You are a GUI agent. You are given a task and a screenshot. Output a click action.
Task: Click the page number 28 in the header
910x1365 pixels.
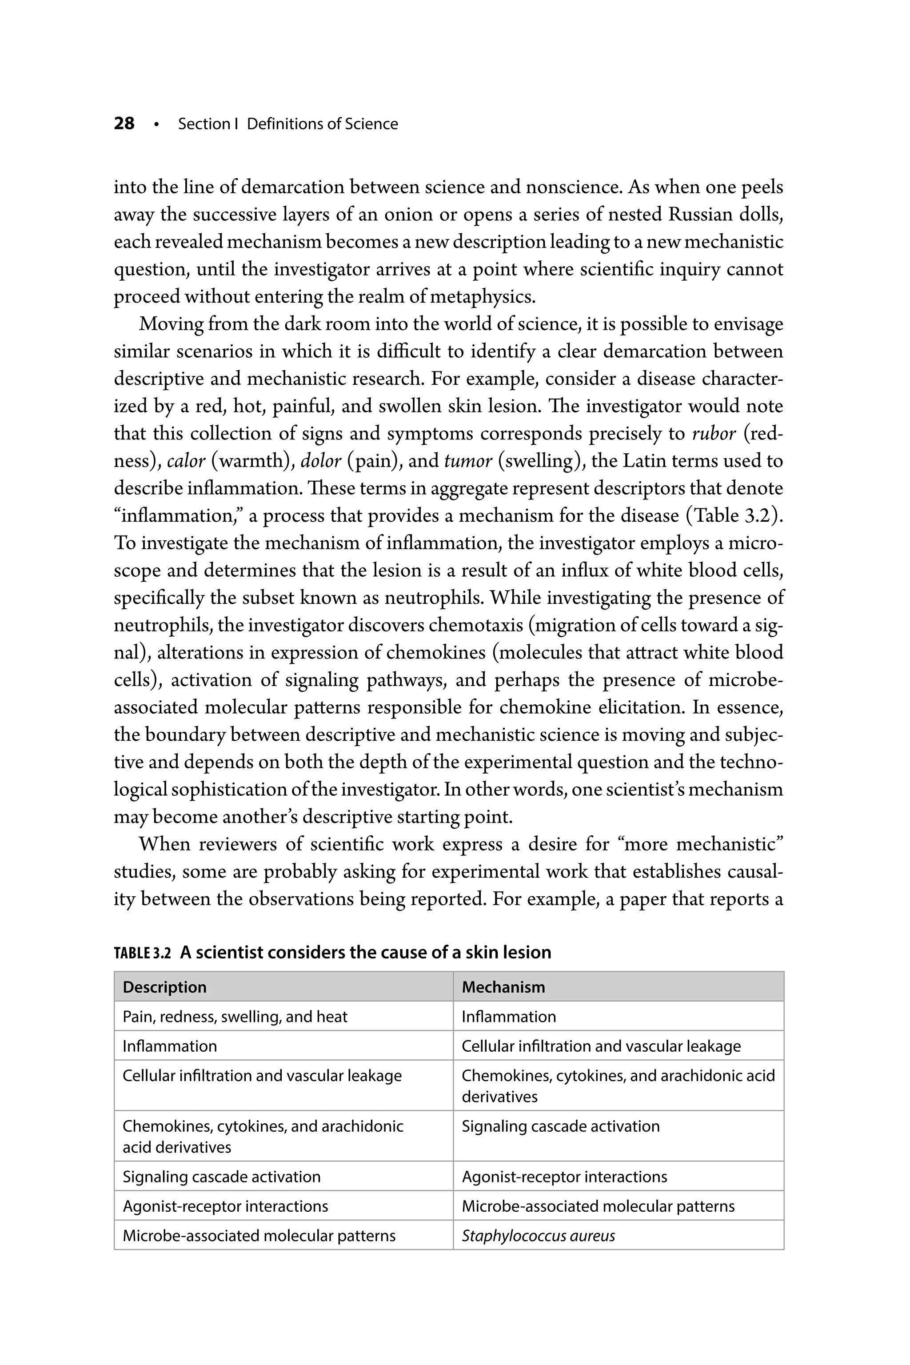click(124, 124)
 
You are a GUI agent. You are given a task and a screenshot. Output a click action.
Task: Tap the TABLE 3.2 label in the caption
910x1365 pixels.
click(142, 953)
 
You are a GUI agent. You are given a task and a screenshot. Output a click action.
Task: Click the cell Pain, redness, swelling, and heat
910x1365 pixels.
click(235, 1017)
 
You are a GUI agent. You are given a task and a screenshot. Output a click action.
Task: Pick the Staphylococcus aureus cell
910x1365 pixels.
click(538, 1236)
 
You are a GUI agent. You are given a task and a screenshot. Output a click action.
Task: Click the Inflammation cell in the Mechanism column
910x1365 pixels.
click(509, 1017)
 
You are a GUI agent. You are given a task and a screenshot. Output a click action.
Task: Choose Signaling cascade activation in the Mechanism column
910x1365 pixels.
click(561, 1126)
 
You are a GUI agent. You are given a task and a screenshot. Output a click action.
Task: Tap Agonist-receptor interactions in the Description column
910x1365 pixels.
click(225, 1206)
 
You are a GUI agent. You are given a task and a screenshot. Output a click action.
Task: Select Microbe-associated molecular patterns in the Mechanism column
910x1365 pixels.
click(598, 1206)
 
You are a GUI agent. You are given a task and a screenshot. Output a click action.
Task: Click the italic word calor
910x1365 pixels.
click(186, 461)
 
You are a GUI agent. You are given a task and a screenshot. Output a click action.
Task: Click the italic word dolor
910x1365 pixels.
click(320, 461)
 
